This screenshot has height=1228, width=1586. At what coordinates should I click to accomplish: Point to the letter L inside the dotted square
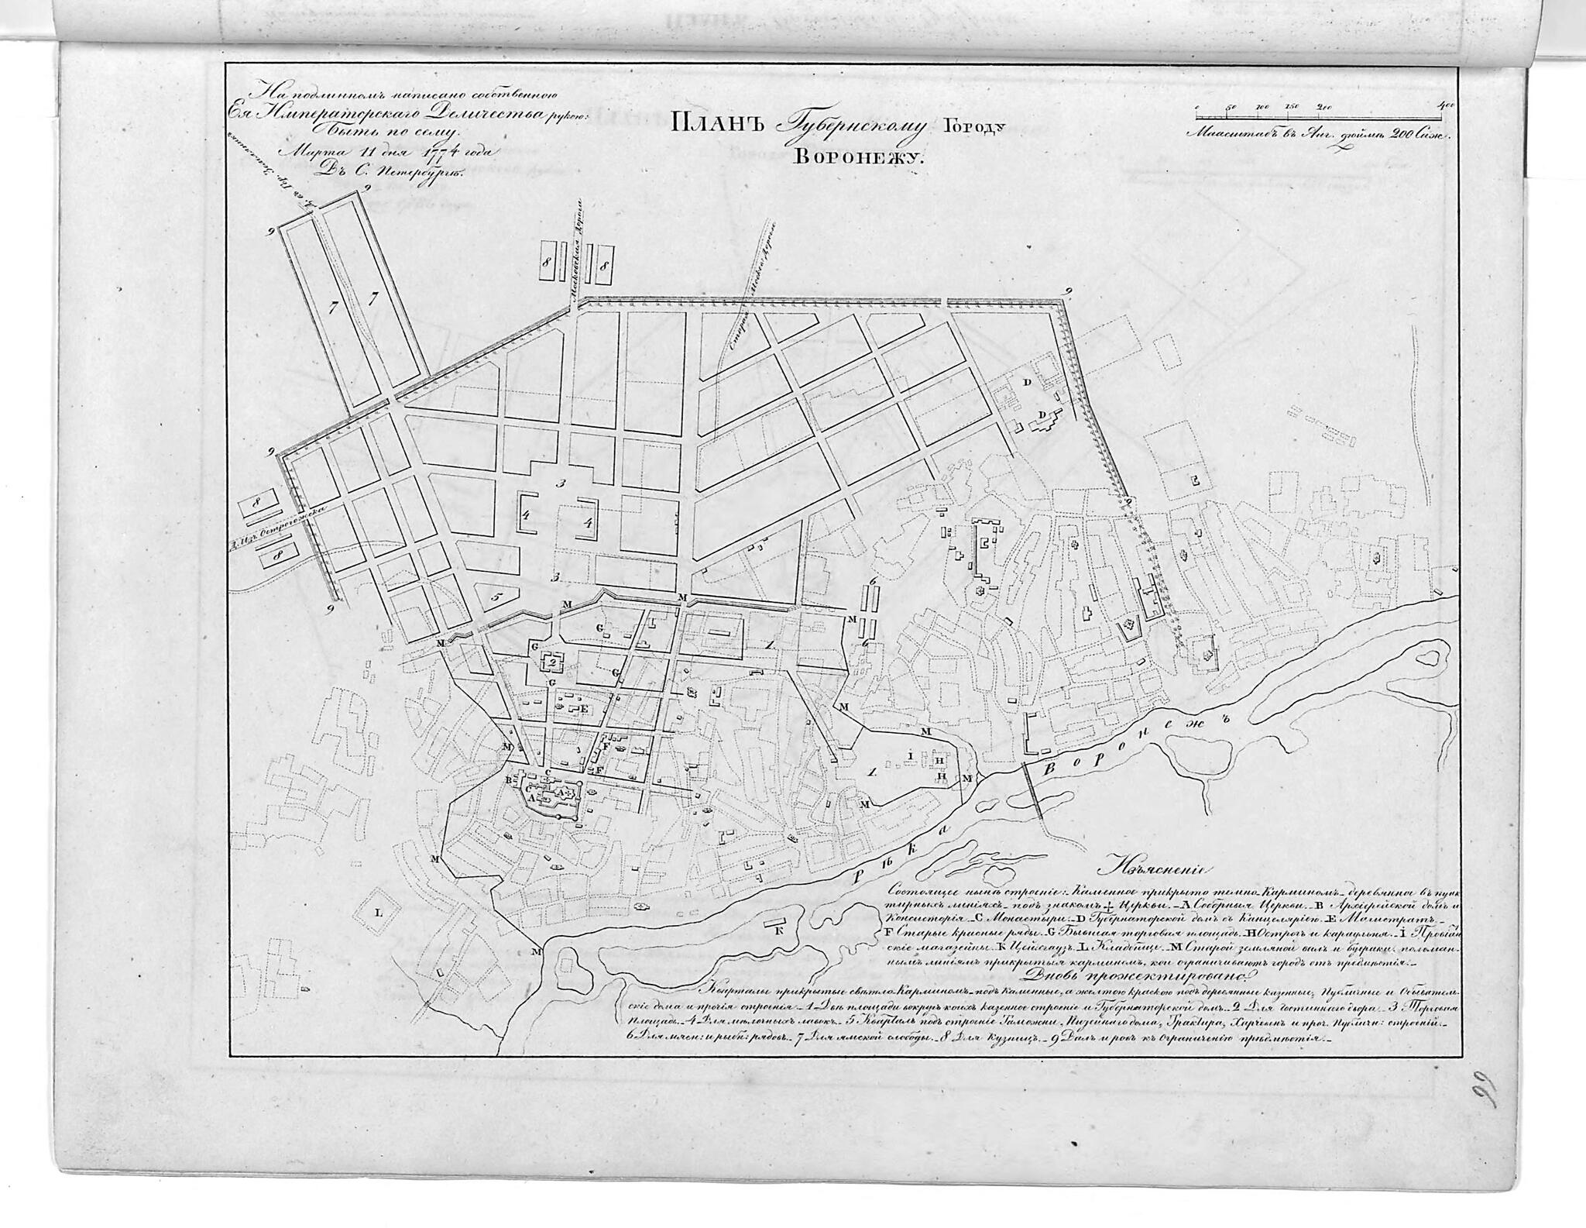(379, 913)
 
